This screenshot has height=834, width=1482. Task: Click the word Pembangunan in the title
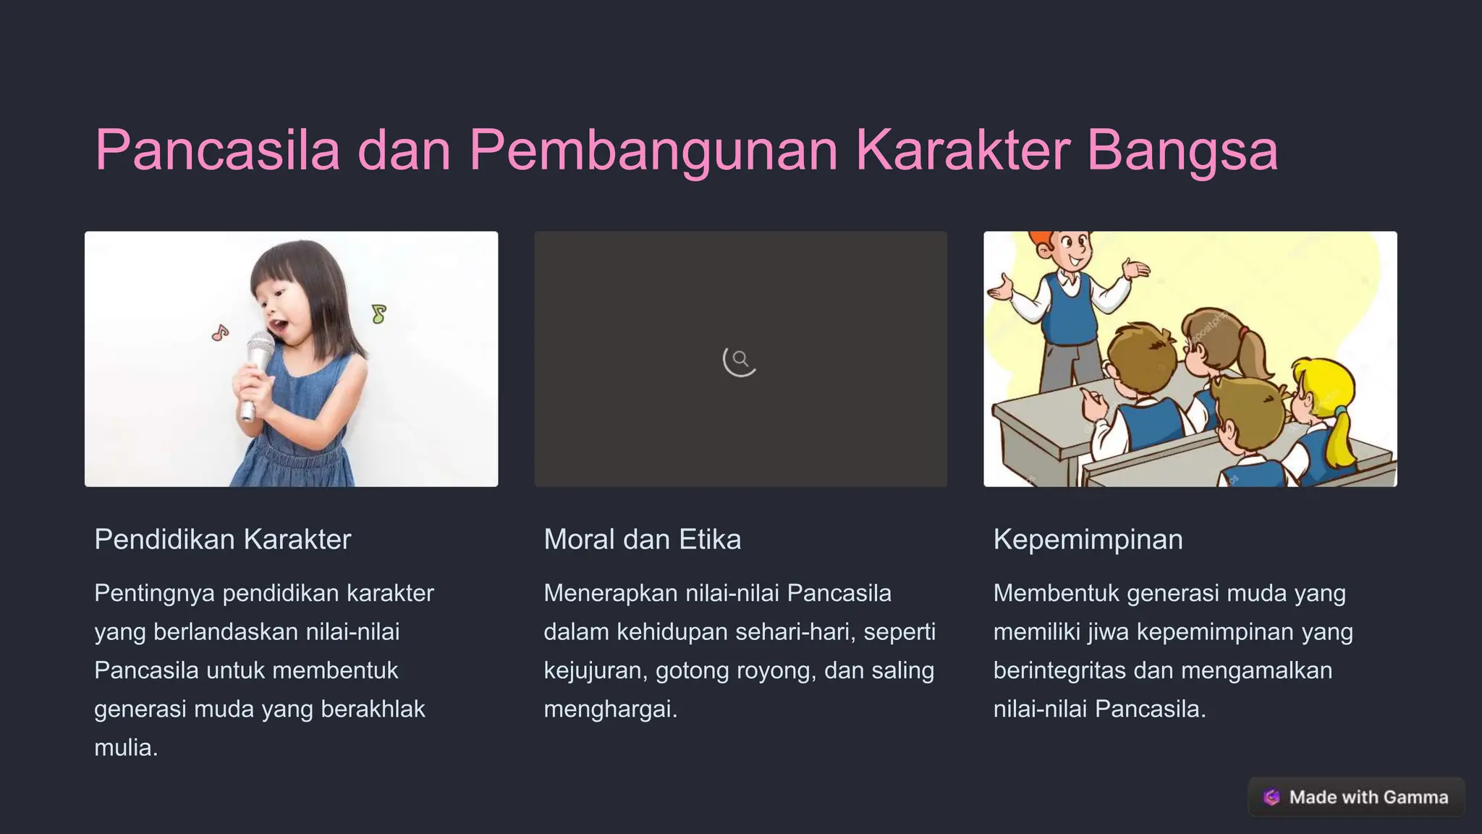tap(653, 151)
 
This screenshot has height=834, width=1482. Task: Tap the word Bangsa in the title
tap(1182, 151)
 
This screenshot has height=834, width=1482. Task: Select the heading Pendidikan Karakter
tap(222, 539)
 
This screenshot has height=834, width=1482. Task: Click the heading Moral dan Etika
tap(642, 539)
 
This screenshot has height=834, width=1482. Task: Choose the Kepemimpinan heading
tap(1088, 539)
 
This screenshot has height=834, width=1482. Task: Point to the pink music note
tap(220, 333)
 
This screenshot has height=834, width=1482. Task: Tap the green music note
tap(378, 313)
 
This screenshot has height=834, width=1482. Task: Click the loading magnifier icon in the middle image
tap(740, 360)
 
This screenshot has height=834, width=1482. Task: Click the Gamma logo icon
tap(1271, 797)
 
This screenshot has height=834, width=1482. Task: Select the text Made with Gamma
tap(1368, 797)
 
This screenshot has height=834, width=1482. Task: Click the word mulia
tap(125, 747)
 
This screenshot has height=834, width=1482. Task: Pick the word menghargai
tap(610, 709)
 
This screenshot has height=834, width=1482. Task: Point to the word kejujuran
tap(596, 670)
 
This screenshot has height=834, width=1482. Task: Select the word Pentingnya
tap(154, 593)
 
